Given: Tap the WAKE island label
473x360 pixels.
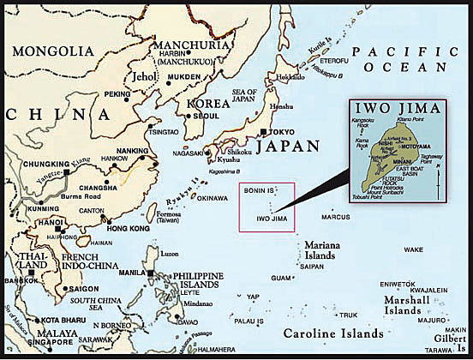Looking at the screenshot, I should click(414, 249).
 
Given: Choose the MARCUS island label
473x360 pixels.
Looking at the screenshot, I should click(338, 218).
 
